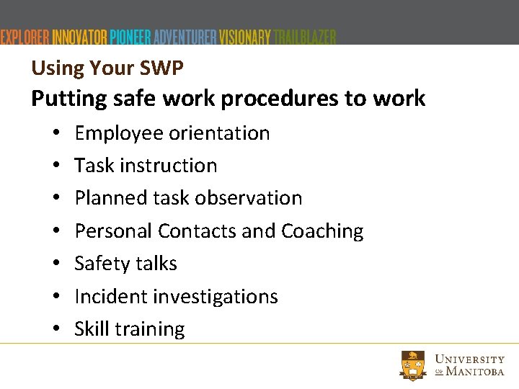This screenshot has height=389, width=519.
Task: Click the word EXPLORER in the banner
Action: [x=25, y=37]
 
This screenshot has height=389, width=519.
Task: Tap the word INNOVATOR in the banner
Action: [x=80, y=37]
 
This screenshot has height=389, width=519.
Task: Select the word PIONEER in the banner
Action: [x=131, y=37]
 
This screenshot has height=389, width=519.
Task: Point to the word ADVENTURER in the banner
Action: [x=186, y=37]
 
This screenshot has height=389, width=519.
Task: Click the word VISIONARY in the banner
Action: [x=246, y=37]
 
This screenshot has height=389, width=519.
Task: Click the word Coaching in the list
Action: [x=322, y=231]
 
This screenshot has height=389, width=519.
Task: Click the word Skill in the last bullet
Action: [x=92, y=329]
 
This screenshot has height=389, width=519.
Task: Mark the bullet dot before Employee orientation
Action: [x=56, y=134]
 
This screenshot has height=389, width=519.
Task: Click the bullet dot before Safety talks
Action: [x=56, y=264]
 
